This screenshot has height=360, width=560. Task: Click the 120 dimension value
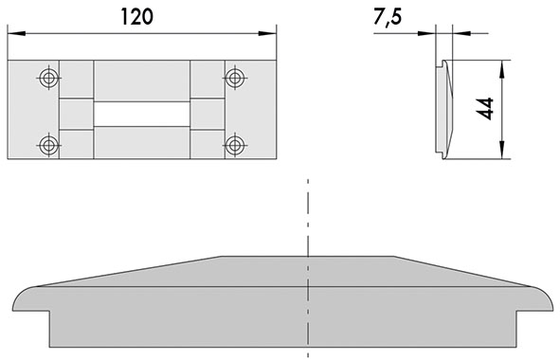pyautogui.click(x=137, y=17)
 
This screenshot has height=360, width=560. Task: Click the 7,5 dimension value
pyautogui.click(x=388, y=17)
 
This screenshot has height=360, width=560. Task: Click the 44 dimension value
pyautogui.click(x=485, y=108)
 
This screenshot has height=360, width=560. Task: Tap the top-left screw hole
pyautogui.click(x=49, y=78)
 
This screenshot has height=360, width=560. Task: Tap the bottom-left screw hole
pyautogui.click(x=49, y=145)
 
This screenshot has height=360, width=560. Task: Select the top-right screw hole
pyautogui.click(x=235, y=78)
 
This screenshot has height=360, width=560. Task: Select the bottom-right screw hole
pyautogui.click(x=235, y=145)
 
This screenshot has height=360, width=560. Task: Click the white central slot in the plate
pyautogui.click(x=142, y=114)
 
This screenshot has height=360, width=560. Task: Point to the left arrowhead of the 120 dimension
pyautogui.click(x=16, y=33)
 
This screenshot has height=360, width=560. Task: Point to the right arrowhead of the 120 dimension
pyautogui.click(x=267, y=33)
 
